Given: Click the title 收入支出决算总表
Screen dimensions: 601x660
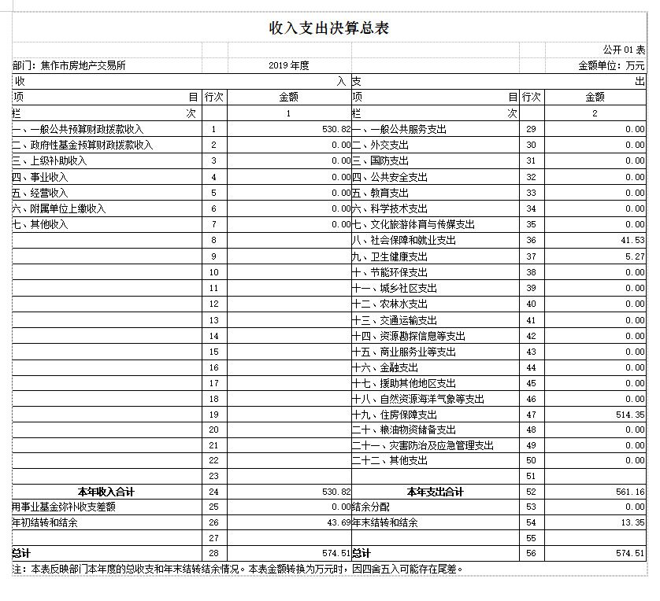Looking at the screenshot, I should [329, 29].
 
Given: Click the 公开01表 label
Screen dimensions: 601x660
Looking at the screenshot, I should [624, 50].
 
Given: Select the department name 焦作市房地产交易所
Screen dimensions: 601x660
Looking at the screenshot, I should [69, 65].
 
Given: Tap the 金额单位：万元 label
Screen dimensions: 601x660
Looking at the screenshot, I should [611, 65].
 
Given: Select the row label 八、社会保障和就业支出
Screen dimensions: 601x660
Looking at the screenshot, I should [403, 241].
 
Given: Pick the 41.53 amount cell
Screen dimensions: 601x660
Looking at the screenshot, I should [632, 241].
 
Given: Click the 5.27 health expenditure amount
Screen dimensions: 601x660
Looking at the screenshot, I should [635, 256].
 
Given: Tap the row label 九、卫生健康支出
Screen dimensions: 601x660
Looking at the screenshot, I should [389, 256].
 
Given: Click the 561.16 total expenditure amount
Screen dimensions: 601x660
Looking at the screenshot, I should [629, 492].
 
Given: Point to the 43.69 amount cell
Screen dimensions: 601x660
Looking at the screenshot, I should [337, 522].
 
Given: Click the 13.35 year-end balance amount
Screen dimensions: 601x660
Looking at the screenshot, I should [632, 522].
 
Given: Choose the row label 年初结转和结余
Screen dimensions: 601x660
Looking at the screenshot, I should [45, 522].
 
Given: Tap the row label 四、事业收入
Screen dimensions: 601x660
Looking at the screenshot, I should [40, 177].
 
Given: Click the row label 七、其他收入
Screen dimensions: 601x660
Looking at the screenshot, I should [40, 224].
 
